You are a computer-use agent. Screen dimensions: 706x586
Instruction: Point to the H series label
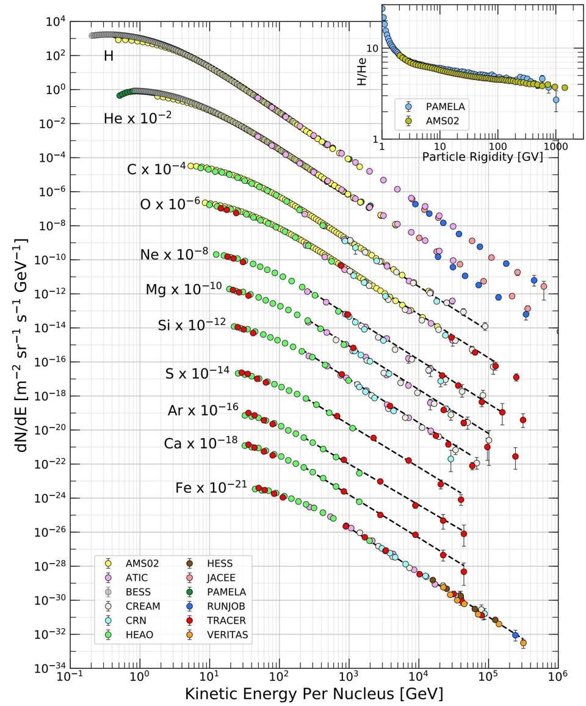click(109, 56)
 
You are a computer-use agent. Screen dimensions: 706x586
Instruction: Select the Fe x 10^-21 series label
click(211, 487)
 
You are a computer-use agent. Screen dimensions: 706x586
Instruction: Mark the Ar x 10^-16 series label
click(203, 410)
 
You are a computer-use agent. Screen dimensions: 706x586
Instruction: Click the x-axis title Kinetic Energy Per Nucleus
click(314, 694)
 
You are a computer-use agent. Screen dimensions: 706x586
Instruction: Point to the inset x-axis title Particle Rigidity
click(482, 157)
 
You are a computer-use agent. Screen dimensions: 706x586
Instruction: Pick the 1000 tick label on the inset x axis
click(555, 147)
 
